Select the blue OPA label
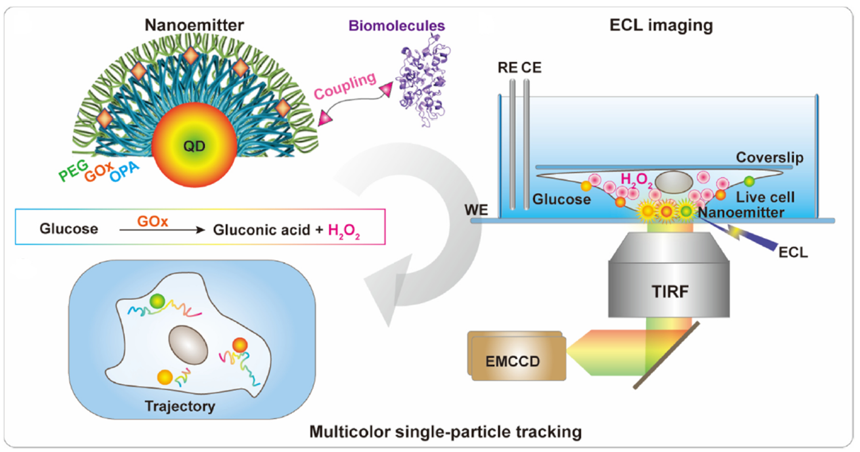[x=124, y=172]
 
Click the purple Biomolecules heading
[x=397, y=26]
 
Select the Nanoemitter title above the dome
[x=194, y=25]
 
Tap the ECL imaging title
[x=661, y=25]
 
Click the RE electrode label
[x=508, y=68]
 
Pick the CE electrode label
[x=531, y=68]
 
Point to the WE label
[x=476, y=210]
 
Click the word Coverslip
[x=770, y=157]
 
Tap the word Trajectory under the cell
[x=180, y=406]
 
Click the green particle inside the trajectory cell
[x=157, y=301]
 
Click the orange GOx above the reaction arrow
[x=153, y=221]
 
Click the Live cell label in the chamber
[x=765, y=197]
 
